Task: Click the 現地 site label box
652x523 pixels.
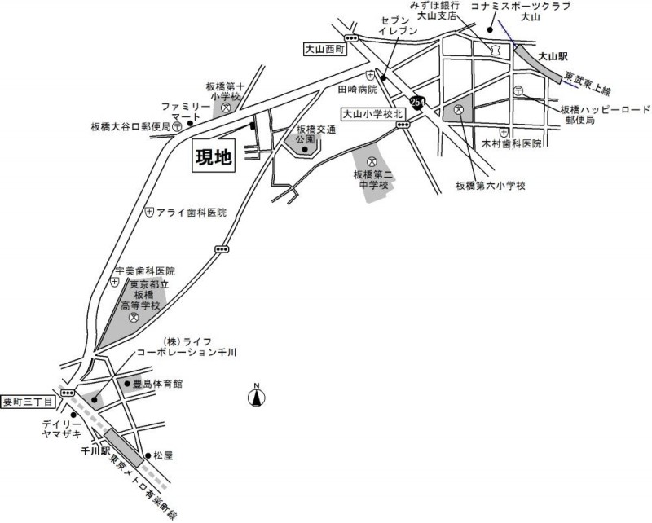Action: (x=213, y=157)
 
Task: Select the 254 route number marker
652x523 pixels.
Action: (x=418, y=103)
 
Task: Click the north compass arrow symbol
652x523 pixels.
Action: (x=255, y=397)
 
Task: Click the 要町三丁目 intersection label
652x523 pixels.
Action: (x=28, y=401)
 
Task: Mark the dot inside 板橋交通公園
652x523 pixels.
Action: (x=305, y=149)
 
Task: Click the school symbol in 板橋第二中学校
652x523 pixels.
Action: (x=372, y=160)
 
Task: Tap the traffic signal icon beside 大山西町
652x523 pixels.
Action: (x=352, y=38)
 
